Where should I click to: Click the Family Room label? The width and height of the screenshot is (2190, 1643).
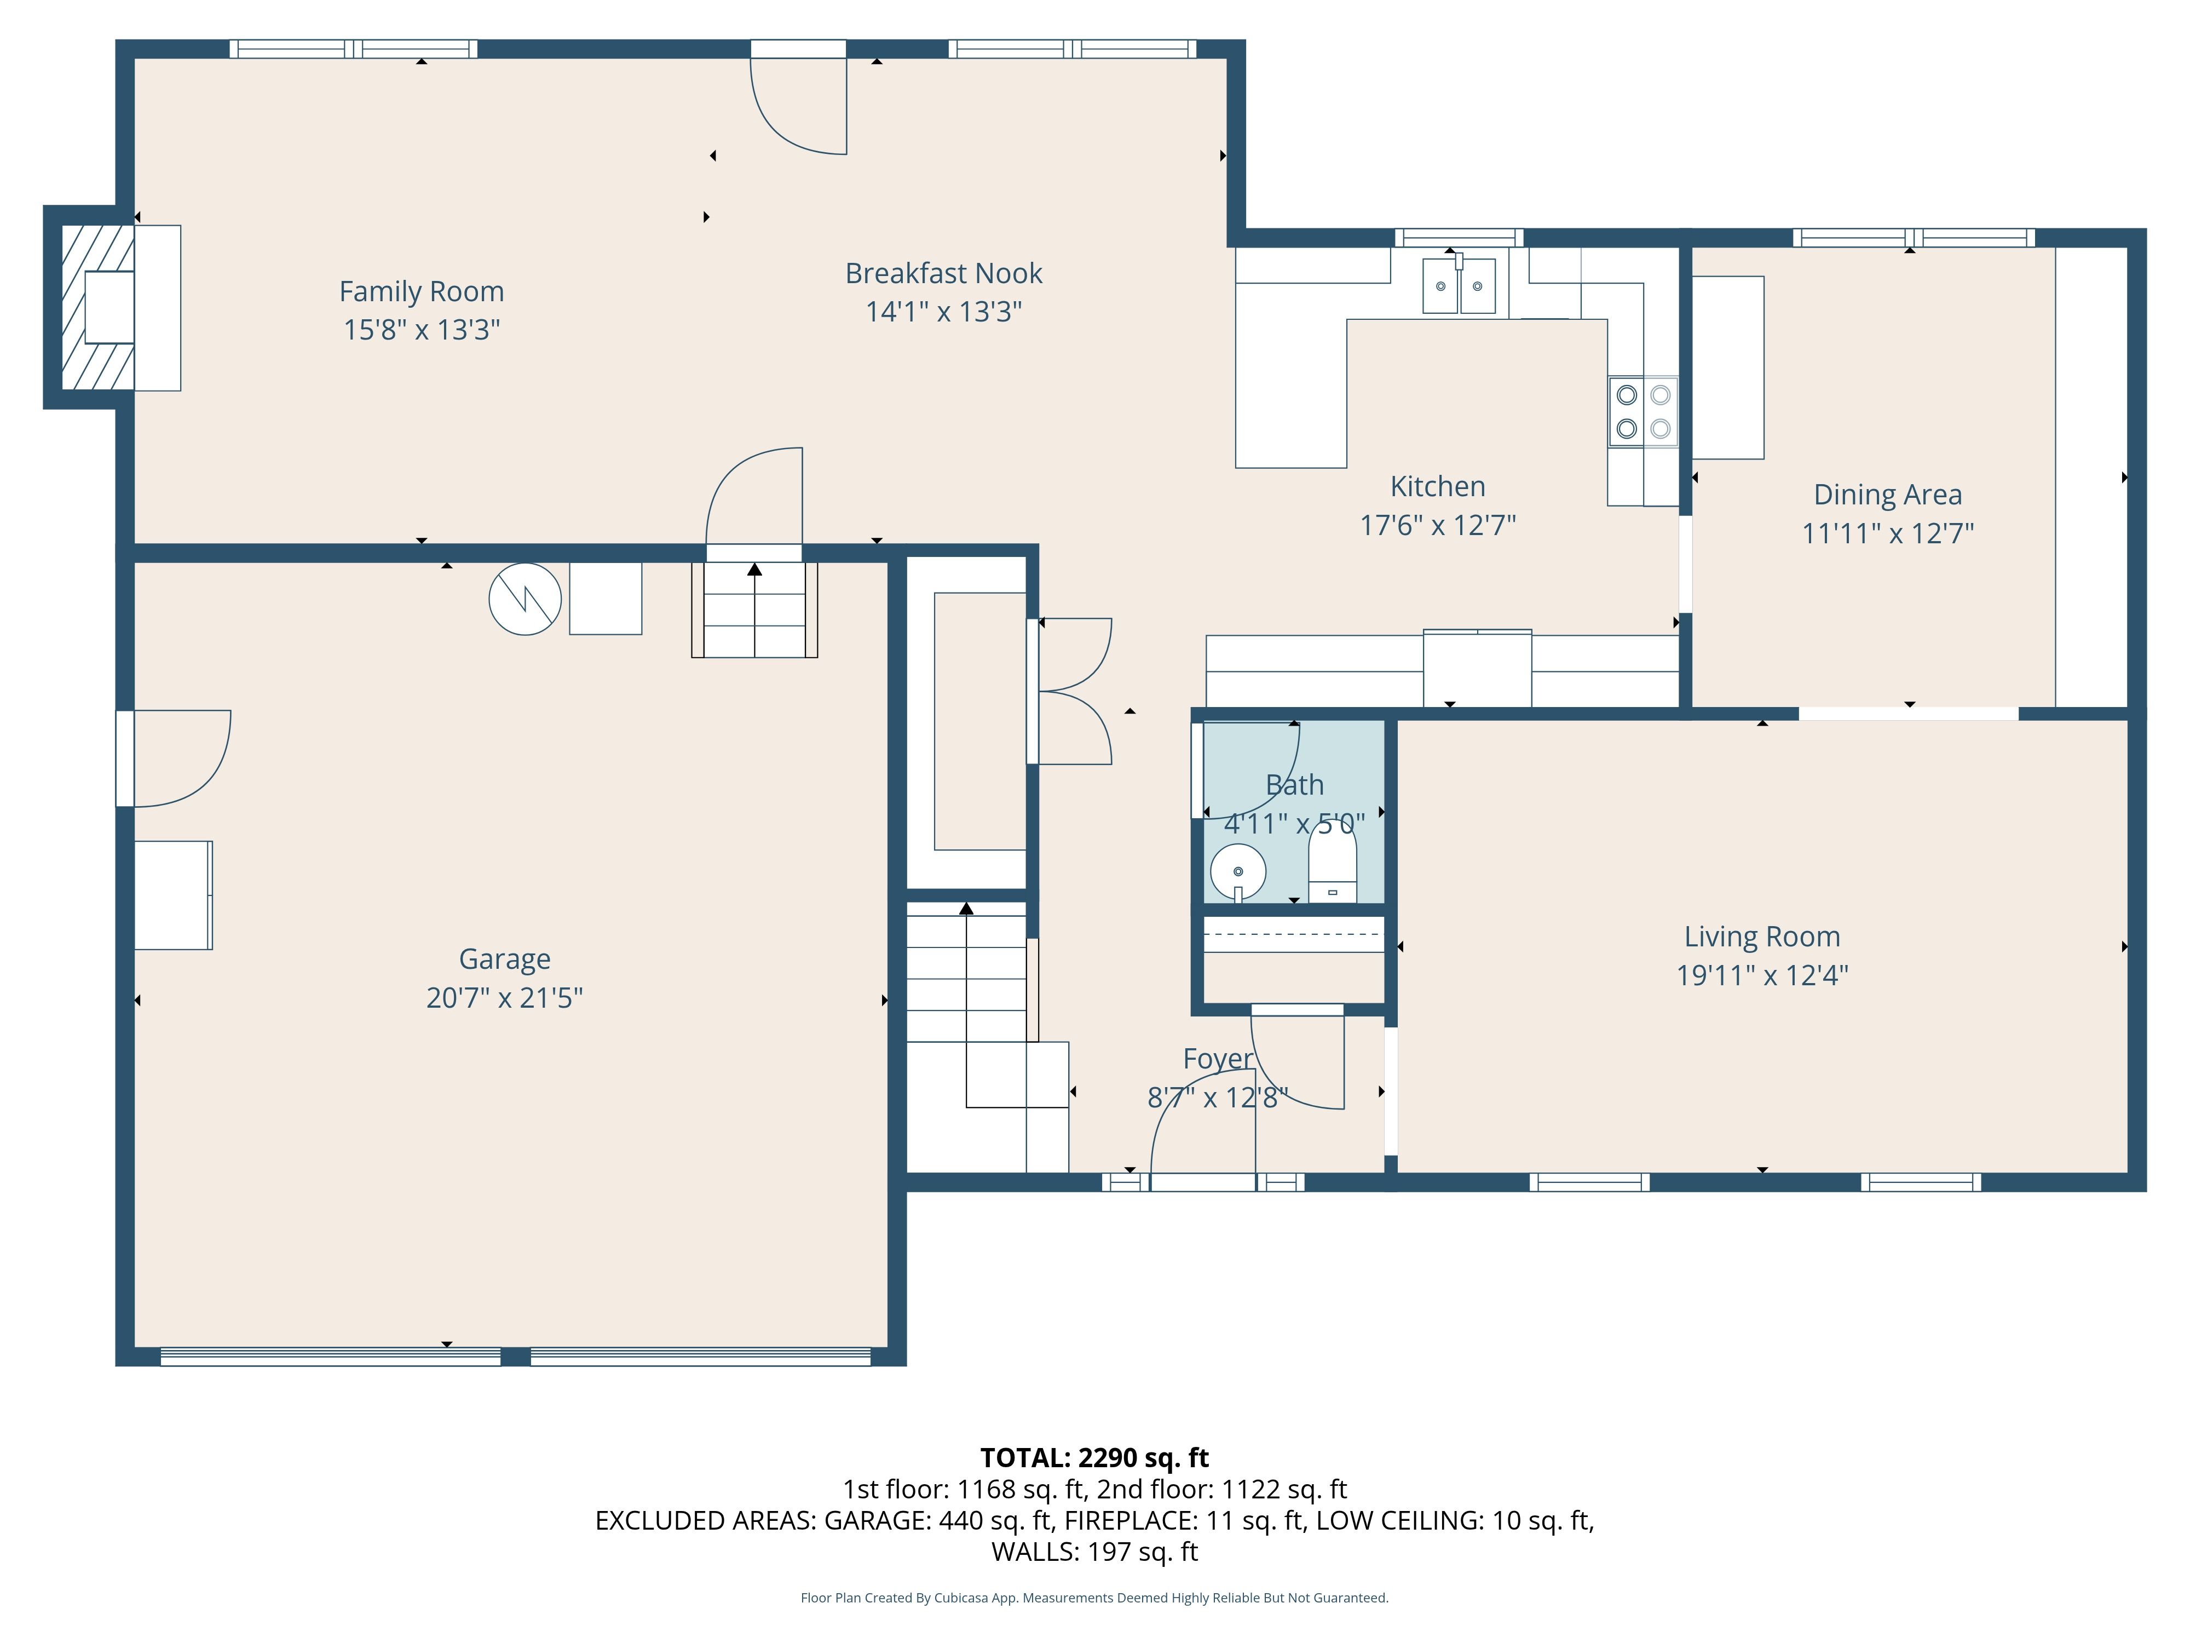tap(422, 291)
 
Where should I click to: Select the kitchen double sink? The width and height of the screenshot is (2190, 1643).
tap(1459, 285)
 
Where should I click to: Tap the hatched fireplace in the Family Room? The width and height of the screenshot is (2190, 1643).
tap(98, 308)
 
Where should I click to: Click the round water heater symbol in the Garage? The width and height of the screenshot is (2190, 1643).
tap(525, 599)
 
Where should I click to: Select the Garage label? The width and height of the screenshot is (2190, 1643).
tap(505, 958)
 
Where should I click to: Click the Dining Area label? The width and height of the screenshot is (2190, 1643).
tap(1887, 494)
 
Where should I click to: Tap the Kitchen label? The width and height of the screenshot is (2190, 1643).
tap(1438, 486)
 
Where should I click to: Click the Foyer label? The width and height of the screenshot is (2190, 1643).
tap(1218, 1059)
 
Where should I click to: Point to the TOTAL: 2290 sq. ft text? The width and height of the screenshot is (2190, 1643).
tap(1094, 1458)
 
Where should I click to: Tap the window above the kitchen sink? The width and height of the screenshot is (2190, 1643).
tap(1459, 238)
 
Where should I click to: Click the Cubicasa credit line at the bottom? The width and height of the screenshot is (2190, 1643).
tap(1094, 1598)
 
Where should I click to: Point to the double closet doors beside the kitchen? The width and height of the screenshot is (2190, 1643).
tap(1069, 691)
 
